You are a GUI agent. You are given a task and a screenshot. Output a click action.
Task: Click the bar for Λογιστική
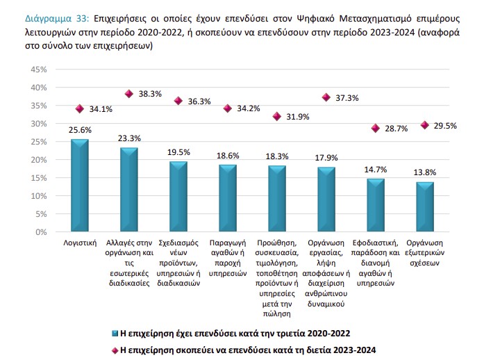pyautogui.click(x=80, y=186)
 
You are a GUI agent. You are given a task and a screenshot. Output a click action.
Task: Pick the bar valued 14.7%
pyautogui.click(x=376, y=206)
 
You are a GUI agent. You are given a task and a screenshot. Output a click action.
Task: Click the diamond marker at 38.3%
pyautogui.click(x=129, y=94)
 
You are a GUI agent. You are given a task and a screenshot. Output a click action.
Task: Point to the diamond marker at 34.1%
pyautogui.click(x=80, y=108)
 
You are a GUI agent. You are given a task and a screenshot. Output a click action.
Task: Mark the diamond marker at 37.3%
pyautogui.click(x=326, y=97)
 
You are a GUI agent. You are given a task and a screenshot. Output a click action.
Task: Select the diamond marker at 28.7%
pyautogui.click(x=376, y=128)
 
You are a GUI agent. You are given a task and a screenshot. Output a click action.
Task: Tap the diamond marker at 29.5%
pyautogui.click(x=425, y=125)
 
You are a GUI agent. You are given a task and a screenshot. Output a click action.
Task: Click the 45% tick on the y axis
pyautogui.click(x=37, y=69)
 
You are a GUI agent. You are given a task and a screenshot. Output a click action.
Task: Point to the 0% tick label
pyautogui.click(x=40, y=231)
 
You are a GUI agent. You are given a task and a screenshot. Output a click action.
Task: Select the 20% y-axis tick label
pyautogui.click(x=37, y=159)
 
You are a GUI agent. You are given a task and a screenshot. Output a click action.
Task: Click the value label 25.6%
pyautogui.click(x=81, y=130)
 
